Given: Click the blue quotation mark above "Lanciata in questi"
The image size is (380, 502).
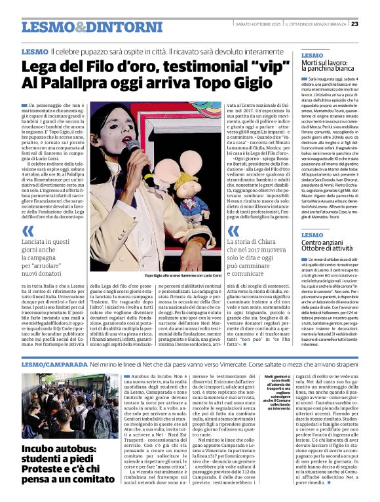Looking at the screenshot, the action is [28, 231].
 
